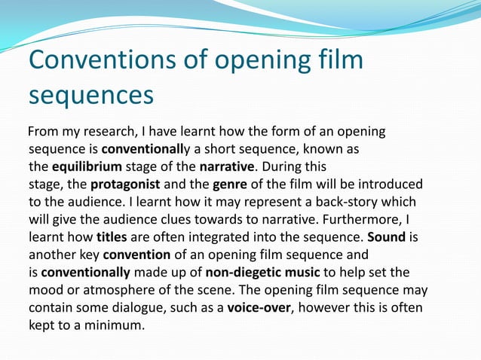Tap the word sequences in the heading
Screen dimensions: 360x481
pos(91,96)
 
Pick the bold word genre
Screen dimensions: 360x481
pos(233,184)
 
